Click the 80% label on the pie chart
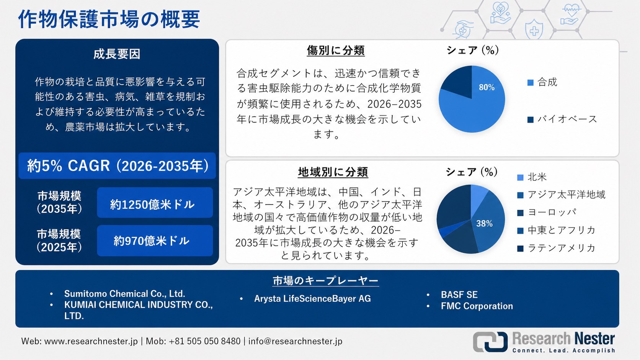(487, 87)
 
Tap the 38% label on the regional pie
(484, 224)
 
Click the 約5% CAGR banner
(117, 166)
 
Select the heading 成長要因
(117, 54)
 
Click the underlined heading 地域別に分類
(333, 172)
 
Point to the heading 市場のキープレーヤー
(325, 281)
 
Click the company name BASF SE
(459, 295)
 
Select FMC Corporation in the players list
(477, 306)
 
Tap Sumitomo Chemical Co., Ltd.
(124, 294)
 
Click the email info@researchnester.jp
(295, 341)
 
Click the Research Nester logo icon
(490, 341)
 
